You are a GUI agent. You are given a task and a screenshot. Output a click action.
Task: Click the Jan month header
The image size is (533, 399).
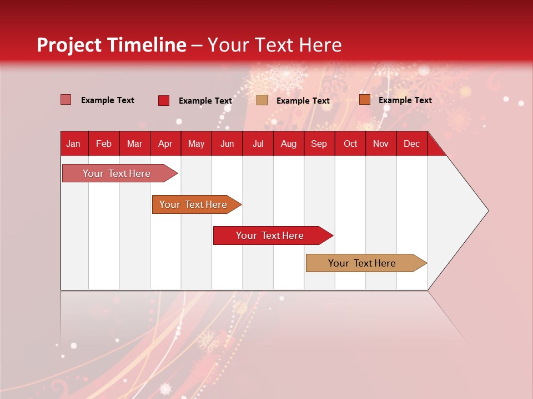[x=73, y=144]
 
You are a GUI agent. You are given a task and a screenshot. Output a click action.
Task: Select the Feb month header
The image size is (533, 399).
[x=104, y=144]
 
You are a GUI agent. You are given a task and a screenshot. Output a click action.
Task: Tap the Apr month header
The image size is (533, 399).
[x=165, y=144]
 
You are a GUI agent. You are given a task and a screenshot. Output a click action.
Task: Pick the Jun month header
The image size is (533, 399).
[x=227, y=144]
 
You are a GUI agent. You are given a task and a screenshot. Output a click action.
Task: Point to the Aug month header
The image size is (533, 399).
[x=288, y=144]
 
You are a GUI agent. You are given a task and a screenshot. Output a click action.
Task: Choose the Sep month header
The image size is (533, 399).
[x=319, y=144]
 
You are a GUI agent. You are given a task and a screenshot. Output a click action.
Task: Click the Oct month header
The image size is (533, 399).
[x=350, y=144]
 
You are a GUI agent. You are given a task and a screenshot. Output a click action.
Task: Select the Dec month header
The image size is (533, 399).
[x=411, y=144]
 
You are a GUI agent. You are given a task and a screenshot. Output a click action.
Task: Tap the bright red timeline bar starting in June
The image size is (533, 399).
[x=270, y=236]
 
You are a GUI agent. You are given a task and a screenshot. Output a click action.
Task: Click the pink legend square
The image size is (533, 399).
[x=66, y=100]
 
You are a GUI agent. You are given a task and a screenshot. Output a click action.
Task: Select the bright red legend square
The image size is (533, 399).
[x=164, y=100]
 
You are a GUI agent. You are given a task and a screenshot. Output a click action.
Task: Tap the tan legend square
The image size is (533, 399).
[x=262, y=100]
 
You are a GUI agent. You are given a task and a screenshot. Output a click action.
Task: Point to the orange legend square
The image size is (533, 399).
[x=364, y=100]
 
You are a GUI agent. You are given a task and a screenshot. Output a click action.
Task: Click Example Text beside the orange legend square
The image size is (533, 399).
[x=405, y=100]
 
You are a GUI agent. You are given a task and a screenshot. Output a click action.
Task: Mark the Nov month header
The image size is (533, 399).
[x=381, y=144]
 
